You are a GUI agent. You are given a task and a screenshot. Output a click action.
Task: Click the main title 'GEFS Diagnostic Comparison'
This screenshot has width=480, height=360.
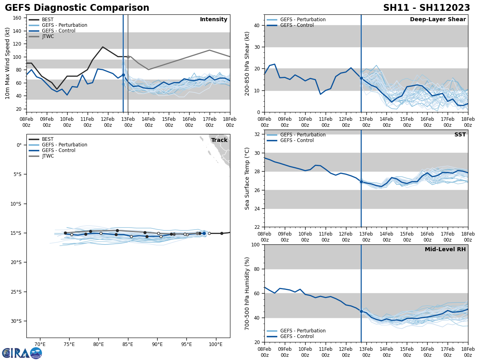77,8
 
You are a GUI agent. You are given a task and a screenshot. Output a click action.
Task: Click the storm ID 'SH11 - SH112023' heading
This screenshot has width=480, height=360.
426,8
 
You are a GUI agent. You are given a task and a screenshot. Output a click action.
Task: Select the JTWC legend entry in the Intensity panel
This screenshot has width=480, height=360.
48,36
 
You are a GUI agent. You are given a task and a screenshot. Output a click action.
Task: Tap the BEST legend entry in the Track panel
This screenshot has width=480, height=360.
48,139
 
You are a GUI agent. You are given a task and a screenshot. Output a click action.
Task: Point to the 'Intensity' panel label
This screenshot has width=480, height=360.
213,20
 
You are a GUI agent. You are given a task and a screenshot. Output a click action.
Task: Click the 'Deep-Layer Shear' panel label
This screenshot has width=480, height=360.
438,20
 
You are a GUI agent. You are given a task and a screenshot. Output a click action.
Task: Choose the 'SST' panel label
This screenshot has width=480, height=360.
460,135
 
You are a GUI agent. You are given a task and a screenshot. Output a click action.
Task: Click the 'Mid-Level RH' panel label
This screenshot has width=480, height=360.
445,250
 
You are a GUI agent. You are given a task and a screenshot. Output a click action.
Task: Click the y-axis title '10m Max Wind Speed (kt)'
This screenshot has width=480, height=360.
8,63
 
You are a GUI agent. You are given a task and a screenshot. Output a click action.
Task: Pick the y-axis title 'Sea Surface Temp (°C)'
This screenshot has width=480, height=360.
247,178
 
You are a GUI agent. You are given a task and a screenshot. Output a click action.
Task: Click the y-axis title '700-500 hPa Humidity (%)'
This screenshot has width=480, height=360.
247,293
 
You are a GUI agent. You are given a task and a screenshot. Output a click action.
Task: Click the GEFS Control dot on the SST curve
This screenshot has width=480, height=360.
361,182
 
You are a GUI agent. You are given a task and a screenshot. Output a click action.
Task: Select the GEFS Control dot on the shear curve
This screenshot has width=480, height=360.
361,78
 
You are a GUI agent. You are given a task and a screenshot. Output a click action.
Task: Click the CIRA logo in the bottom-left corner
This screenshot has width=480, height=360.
22,353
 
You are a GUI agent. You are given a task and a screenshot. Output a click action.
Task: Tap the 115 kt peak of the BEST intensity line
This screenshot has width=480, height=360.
102,47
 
